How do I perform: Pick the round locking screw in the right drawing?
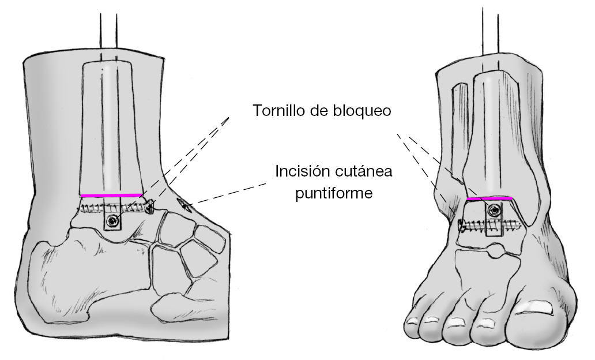click(491, 212)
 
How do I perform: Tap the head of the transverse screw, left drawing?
click(151, 206)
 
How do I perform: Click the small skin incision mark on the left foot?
click(181, 202)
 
